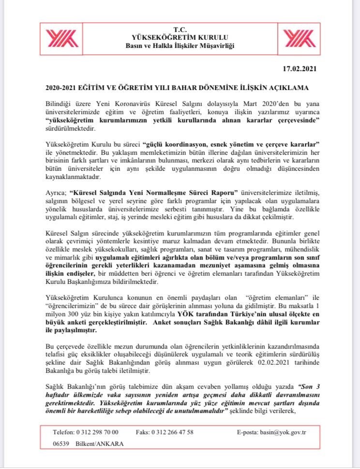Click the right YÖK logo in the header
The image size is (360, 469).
click(299, 38)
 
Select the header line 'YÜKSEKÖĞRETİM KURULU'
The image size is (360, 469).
click(180, 37)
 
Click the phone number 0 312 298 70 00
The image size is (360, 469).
click(97, 431)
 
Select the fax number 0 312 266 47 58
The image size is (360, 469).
click(172, 431)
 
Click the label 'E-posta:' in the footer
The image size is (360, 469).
click(249, 431)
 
